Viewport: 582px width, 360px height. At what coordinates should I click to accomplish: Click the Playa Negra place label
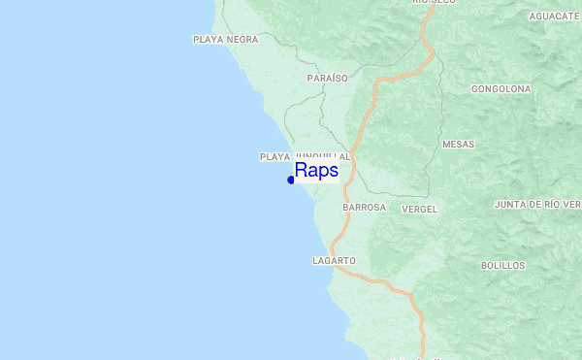225,40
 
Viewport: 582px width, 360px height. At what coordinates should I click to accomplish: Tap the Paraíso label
326,78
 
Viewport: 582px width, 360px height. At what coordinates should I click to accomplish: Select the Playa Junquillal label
304,156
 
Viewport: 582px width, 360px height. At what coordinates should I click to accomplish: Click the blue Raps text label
316,171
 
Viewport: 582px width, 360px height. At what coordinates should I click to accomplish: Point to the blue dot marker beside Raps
291,180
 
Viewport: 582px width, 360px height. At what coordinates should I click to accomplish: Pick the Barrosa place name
364,208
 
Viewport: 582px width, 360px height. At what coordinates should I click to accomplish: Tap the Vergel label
419,209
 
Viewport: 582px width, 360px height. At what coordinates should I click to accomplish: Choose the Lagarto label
335,261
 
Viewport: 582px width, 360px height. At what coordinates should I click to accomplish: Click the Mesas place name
458,144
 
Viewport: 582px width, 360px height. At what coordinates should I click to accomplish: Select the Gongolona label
501,89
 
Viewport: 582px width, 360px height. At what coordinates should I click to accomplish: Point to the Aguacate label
554,16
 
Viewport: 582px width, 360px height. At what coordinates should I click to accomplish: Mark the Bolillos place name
502,265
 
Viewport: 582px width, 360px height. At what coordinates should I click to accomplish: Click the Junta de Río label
536,205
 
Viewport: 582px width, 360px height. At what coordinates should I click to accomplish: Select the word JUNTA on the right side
510,205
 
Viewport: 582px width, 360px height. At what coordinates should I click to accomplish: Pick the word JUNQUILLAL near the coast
322,156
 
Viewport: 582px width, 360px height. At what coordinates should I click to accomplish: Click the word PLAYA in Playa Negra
209,40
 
